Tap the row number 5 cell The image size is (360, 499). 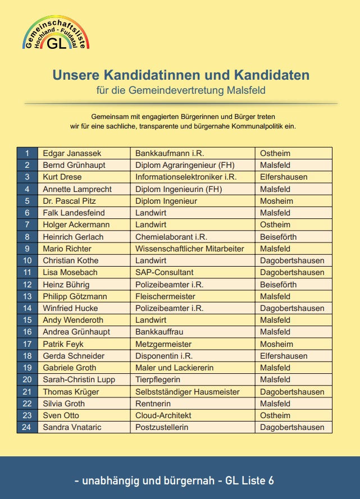point(27,201)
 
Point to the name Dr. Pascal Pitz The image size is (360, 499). point(69,201)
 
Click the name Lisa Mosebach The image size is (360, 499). point(70,272)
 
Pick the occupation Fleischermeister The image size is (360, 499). point(165,296)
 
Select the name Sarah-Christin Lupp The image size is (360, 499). point(79,379)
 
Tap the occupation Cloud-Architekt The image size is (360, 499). point(163,415)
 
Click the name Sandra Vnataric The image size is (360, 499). point(73,427)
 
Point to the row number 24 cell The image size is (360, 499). point(27,427)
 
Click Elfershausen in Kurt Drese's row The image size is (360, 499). point(284,177)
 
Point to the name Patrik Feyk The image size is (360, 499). point(63,344)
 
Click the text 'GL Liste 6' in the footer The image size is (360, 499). point(249,480)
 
